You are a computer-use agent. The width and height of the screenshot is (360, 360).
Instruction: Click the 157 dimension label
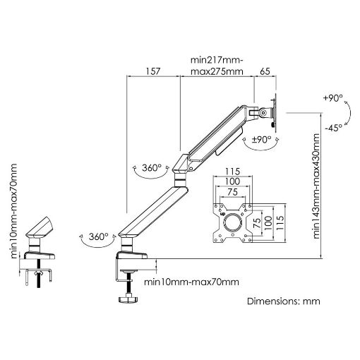(x=153, y=71)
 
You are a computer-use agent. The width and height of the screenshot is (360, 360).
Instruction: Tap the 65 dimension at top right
(x=265, y=71)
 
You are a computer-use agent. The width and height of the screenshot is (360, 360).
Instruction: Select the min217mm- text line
(x=217, y=60)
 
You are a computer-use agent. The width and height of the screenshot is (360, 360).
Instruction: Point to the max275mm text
(x=217, y=71)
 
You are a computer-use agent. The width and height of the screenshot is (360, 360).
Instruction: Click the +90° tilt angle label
(x=333, y=98)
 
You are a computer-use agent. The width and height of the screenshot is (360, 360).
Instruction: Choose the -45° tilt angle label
(x=334, y=128)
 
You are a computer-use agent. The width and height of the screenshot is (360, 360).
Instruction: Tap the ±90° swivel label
(x=261, y=140)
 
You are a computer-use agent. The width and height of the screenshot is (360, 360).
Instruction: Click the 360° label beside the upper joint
(x=152, y=168)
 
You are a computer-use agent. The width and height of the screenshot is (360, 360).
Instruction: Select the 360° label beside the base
(x=99, y=236)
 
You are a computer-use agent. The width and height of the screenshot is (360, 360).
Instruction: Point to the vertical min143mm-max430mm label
(x=316, y=186)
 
